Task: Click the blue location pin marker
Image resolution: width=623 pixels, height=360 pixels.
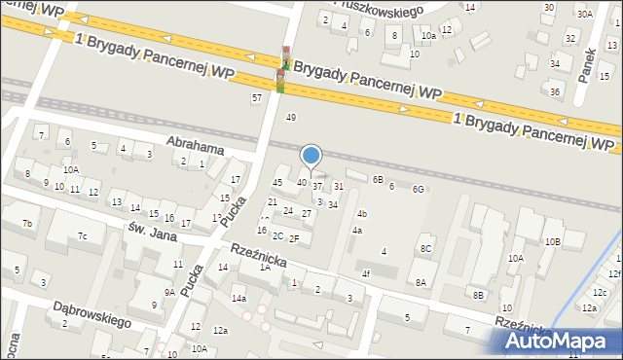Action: (311, 156)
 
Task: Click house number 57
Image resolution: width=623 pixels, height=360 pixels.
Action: (257, 98)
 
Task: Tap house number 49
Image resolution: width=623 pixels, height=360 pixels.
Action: (290, 118)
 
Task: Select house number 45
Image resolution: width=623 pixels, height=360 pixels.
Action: (277, 183)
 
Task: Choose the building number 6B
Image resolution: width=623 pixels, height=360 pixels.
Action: (378, 179)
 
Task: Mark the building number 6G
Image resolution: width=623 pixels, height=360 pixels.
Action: (419, 189)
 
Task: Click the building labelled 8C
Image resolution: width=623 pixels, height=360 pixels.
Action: (425, 249)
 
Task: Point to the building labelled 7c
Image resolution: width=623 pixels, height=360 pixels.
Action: (84, 236)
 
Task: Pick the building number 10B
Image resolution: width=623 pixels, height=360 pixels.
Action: (552, 241)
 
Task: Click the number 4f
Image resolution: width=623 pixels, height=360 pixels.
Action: (366, 274)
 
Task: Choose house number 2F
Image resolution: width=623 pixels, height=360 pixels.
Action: (293, 237)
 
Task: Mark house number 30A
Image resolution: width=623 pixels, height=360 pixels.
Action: (584, 15)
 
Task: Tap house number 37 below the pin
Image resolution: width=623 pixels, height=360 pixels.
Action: (317, 186)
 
